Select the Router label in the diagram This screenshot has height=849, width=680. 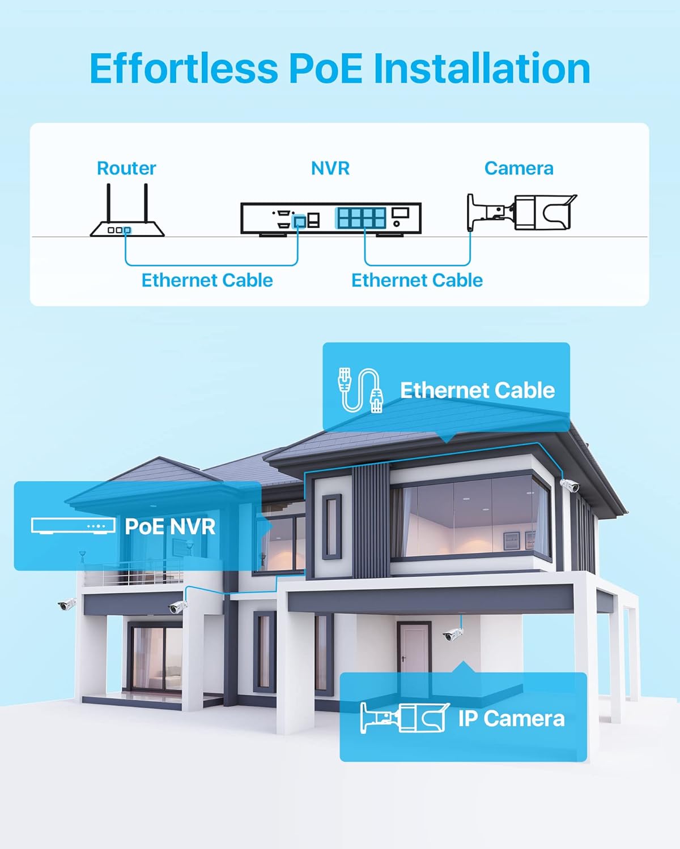click(x=126, y=168)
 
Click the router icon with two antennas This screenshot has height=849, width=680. click(x=127, y=212)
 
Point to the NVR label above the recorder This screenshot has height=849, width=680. click(x=330, y=168)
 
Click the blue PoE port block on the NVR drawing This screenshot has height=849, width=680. click(x=360, y=217)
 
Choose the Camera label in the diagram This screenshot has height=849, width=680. click(x=518, y=168)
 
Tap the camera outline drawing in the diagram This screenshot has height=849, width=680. click(x=521, y=212)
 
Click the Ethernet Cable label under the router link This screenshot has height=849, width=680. click(x=207, y=280)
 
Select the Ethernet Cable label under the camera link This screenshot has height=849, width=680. click(x=417, y=280)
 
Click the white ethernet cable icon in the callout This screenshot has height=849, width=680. click(x=360, y=389)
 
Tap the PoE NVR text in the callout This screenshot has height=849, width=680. click(x=170, y=527)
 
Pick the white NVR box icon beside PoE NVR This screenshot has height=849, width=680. click(x=73, y=526)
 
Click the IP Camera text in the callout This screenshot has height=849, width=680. click(x=511, y=718)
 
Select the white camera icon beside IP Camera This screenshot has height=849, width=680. click(x=405, y=718)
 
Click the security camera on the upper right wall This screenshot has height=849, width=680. click(x=569, y=485)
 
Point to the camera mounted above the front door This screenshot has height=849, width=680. click(x=453, y=634)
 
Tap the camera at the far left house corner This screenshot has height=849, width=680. click(x=67, y=604)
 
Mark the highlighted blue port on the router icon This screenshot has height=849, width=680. click(x=127, y=230)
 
